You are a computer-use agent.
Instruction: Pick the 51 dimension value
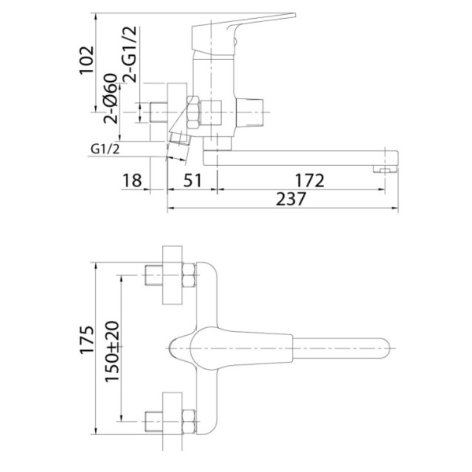coord(191,181)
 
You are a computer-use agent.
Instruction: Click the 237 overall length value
coord(291,201)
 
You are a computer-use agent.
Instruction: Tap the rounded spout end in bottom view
coord(383,347)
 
